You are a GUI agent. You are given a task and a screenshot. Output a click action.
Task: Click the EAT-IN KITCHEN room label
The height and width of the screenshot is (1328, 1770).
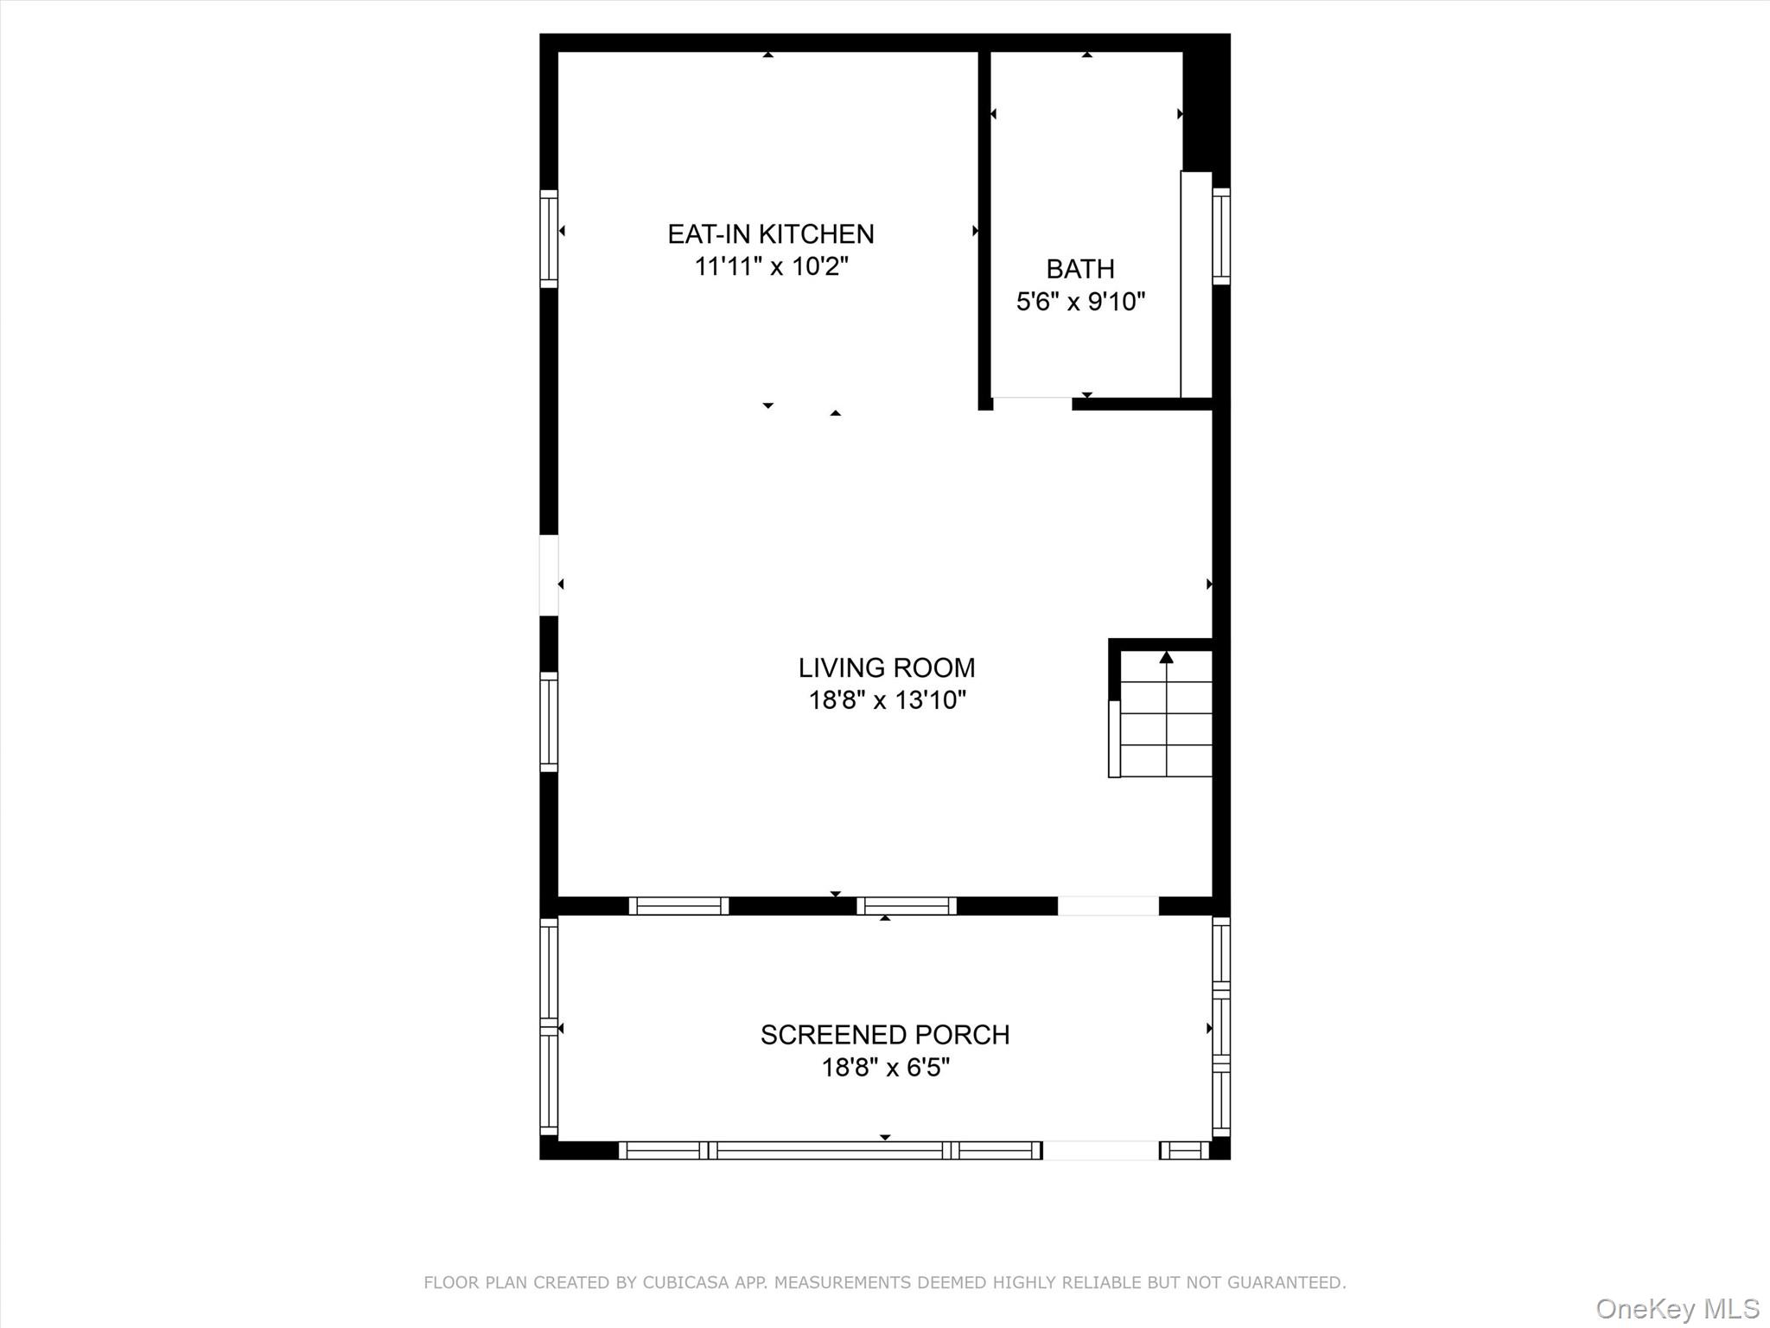[x=770, y=234]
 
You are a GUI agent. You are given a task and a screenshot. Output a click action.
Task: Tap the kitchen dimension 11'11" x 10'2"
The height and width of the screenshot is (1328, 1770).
[x=771, y=266]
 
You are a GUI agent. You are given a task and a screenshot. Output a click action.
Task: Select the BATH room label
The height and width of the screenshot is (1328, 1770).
[x=1079, y=269]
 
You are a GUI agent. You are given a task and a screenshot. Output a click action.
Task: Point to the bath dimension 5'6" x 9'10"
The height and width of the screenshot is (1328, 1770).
[x=1080, y=302]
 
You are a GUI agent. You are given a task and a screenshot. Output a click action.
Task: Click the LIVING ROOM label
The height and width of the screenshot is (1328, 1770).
[x=886, y=667]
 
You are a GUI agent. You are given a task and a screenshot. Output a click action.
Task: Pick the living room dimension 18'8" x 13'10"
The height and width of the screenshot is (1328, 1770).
[x=887, y=699]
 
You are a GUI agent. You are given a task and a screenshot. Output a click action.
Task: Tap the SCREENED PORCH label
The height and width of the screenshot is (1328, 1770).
[x=884, y=1035]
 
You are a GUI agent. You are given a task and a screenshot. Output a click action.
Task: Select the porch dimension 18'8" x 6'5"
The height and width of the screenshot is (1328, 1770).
[x=885, y=1068]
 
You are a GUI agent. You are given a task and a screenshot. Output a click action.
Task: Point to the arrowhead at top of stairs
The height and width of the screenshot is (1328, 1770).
[x=1166, y=658]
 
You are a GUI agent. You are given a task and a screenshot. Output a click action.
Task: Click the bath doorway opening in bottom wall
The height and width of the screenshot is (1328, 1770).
[x=1032, y=402]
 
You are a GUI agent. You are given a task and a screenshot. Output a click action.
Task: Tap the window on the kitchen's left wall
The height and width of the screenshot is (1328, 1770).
[x=549, y=238]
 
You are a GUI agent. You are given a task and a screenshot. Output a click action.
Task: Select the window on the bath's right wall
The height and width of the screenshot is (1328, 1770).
[x=1220, y=235]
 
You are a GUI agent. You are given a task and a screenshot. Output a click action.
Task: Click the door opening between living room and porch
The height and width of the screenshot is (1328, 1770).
[x=1108, y=905]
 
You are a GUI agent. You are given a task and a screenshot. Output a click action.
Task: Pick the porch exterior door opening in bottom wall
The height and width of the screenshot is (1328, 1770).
[x=1100, y=1150]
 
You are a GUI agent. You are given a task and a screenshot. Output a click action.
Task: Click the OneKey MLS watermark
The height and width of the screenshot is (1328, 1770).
[x=1677, y=1308]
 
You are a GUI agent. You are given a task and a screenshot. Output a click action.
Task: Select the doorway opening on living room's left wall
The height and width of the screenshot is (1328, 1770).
[x=549, y=575]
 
